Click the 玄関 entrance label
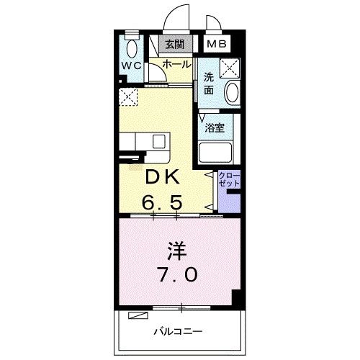click(174, 44)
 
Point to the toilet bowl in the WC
click(131, 48)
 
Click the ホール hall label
click(176, 64)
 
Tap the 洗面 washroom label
click(209, 84)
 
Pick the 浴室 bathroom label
click(215, 129)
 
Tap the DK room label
click(165, 178)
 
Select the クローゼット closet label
click(228, 180)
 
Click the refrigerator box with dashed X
click(129, 96)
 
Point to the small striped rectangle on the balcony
click(137, 315)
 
